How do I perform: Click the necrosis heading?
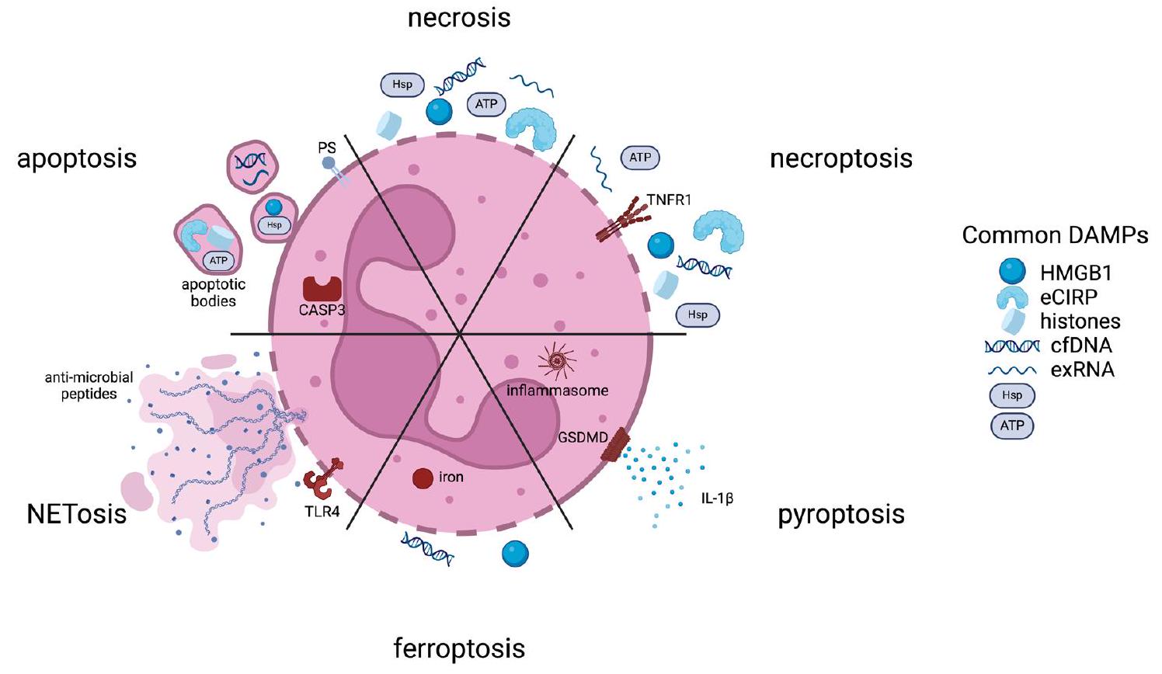[x=459, y=17]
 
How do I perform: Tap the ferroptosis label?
[x=459, y=648]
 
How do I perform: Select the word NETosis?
[x=76, y=513]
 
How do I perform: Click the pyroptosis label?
[x=841, y=514]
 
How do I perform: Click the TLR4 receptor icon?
[x=322, y=481]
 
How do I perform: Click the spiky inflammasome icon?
[x=557, y=361]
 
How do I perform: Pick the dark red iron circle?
[x=423, y=478]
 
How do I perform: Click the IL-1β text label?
[x=717, y=499]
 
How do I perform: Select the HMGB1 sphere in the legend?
[x=1012, y=271]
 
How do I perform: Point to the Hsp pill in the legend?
[x=1012, y=395]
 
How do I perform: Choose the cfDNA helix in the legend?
[x=1011, y=346]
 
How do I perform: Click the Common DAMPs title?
[x=1055, y=235]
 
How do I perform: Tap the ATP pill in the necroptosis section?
[x=640, y=158]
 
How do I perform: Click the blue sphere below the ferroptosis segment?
[x=515, y=554]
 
